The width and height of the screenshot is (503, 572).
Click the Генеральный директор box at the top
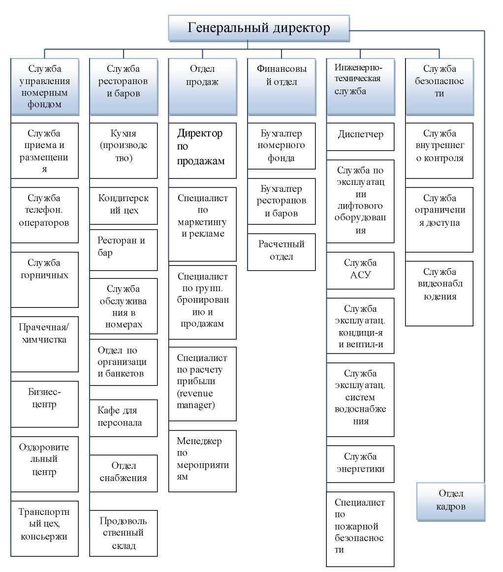259,28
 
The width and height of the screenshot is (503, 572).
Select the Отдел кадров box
450,501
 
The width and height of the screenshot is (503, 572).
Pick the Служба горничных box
44,279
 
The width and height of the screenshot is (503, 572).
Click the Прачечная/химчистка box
44,344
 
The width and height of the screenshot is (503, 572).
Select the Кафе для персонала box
123,417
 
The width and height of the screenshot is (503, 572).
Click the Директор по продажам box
202,150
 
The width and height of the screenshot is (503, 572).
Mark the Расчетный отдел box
281,251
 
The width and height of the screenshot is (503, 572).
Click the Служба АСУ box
360,270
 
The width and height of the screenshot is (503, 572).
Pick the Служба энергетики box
360,463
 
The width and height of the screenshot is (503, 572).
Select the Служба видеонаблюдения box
439,293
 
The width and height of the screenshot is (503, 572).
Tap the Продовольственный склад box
123,533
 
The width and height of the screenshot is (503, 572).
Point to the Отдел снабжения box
123,473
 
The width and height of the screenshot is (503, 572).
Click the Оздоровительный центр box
44,464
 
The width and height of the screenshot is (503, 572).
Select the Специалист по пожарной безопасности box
360,529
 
